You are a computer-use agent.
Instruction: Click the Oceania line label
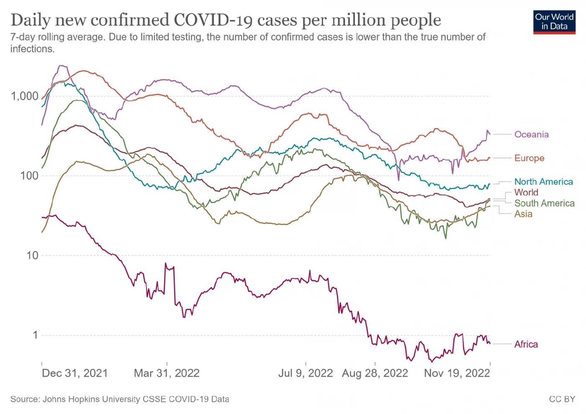coord(531,134)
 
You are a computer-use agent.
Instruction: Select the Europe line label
coord(529,158)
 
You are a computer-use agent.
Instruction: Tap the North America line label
coord(543,182)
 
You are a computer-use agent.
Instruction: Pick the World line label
coord(526,192)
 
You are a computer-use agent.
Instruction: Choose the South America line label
coord(544,203)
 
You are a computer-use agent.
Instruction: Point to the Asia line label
coord(523,214)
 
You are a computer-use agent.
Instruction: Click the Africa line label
coord(526,344)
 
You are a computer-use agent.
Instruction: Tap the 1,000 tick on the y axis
coord(25,96)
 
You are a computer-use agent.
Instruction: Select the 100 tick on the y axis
coord(29,175)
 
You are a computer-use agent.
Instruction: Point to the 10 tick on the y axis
coord(32,255)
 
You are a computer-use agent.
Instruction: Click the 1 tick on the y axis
coord(35,334)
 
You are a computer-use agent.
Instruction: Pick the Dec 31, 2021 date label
coord(75,373)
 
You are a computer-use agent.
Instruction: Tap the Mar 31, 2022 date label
coord(167,373)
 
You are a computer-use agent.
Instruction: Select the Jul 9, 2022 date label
coord(306,373)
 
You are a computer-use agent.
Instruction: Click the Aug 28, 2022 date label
coord(375,373)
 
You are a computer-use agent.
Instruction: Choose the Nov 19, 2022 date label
coord(457,373)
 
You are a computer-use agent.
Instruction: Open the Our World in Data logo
coord(554,22)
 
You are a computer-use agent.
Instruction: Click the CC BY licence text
coord(562,399)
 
